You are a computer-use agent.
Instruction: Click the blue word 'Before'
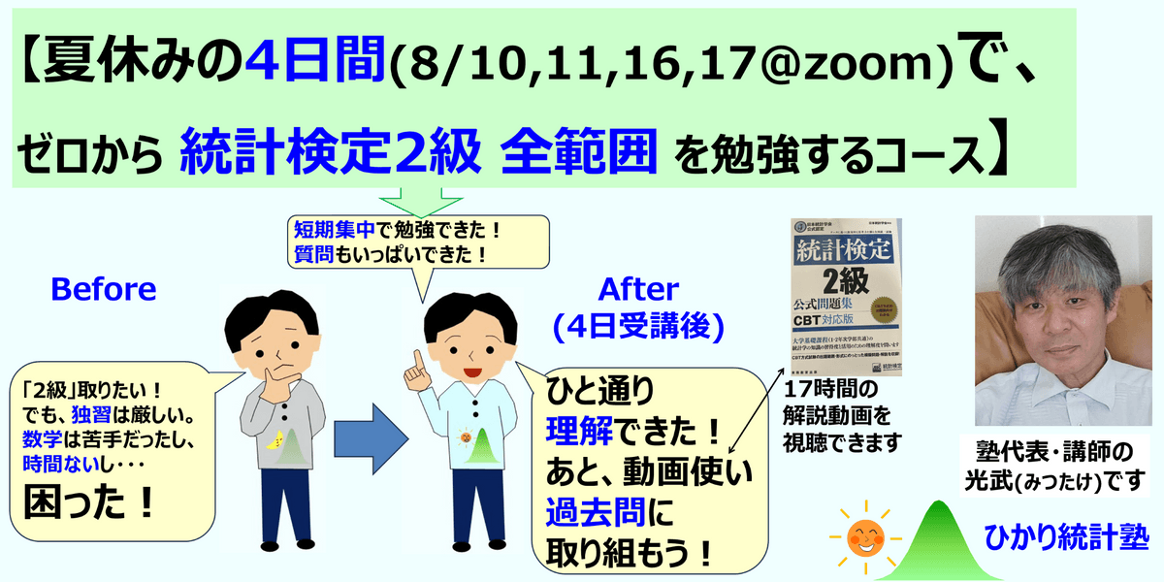tap(102, 289)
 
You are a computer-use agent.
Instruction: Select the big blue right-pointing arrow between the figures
tap(369, 427)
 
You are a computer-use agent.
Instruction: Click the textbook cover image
tap(842, 296)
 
